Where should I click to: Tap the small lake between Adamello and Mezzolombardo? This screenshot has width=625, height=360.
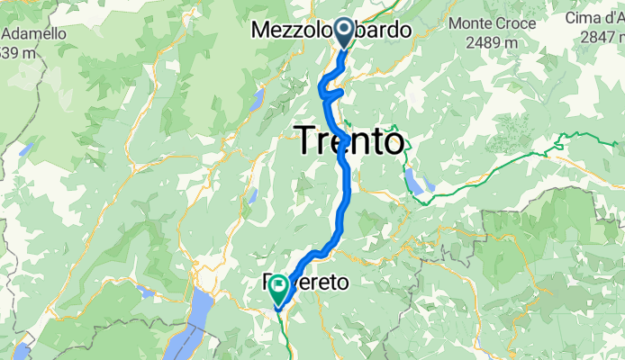point(260,97)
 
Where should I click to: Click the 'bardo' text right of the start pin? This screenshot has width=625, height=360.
point(385,30)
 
